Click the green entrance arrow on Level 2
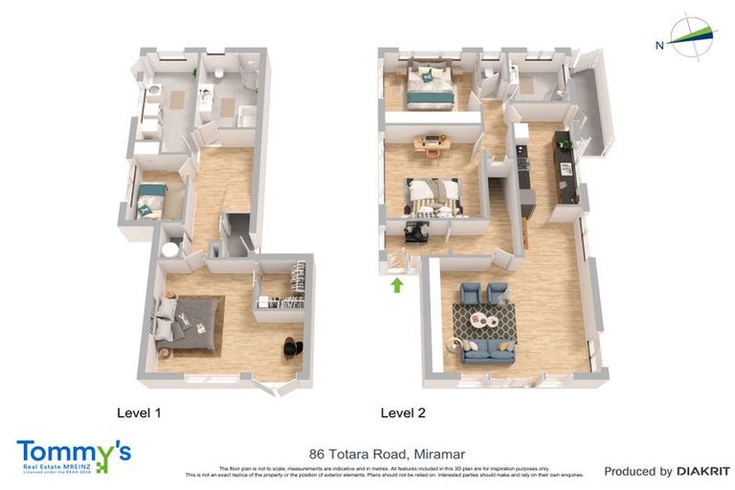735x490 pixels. pos(397,285)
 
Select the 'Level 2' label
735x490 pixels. pos(403,413)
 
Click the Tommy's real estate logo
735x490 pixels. pos(73,455)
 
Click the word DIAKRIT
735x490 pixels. pos(703,471)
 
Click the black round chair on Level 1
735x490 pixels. pos(292,348)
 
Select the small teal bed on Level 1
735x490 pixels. pos(150,202)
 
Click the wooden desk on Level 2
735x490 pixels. pos(430,145)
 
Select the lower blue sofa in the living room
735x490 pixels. pos(488,352)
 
